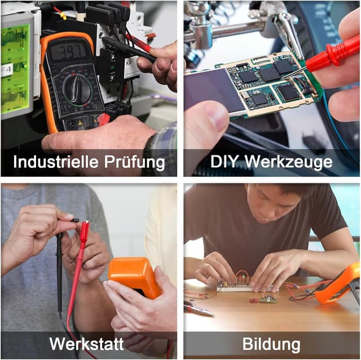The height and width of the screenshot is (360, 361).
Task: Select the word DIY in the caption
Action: point(224,162)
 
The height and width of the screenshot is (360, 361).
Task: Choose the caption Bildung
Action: point(271,344)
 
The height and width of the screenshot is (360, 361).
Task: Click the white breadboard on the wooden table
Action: point(234,287)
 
